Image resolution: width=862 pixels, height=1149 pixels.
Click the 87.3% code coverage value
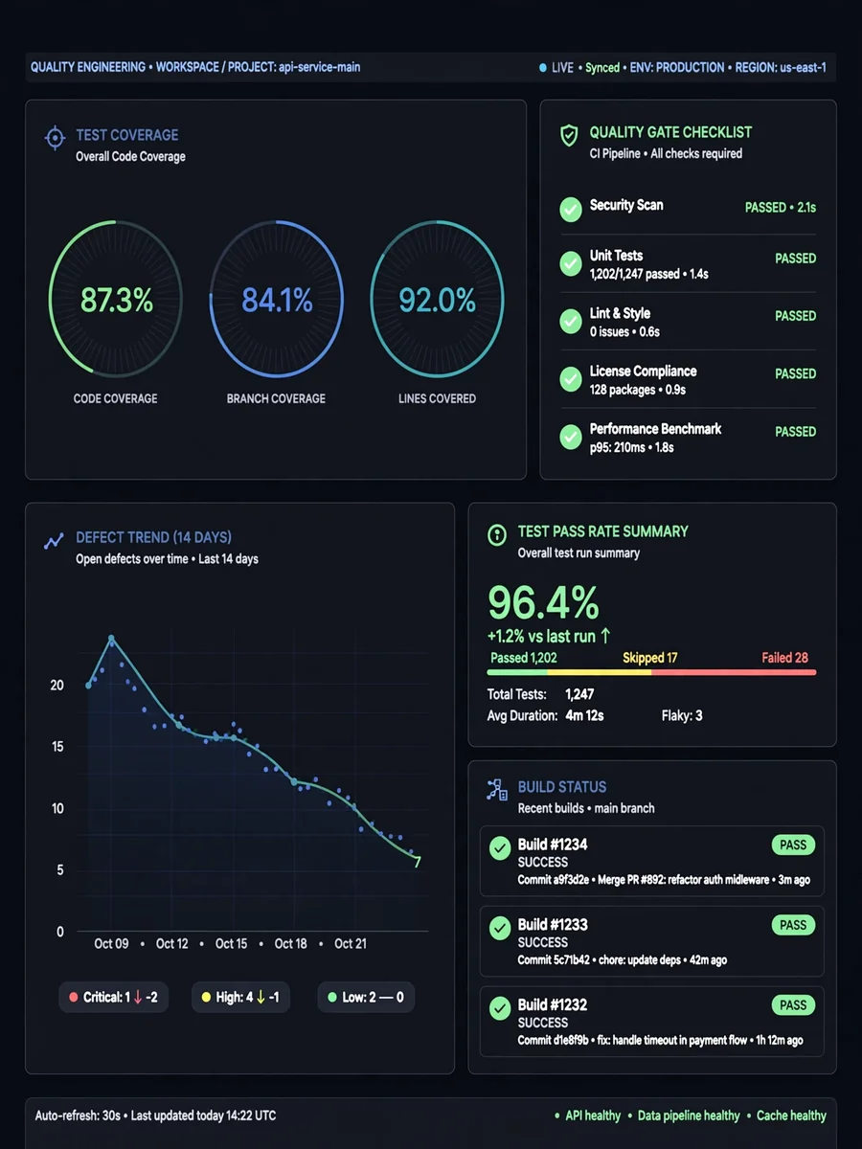click(x=116, y=301)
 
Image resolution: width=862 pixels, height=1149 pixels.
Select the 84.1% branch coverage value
click(x=277, y=301)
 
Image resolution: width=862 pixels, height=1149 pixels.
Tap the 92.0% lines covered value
click(x=437, y=301)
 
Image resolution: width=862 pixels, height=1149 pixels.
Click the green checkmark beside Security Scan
click(x=571, y=210)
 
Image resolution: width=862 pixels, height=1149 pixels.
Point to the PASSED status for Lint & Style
click(x=795, y=316)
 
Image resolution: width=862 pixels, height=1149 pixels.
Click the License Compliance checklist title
click(x=643, y=372)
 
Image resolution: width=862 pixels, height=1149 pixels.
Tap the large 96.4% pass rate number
click(x=543, y=602)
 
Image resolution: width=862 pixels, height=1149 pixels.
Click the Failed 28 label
click(x=784, y=658)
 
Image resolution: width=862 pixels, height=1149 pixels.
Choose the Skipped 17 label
click(x=649, y=658)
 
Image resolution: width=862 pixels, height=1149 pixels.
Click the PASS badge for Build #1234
click(x=793, y=845)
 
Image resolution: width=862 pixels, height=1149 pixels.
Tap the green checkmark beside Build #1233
click(x=500, y=928)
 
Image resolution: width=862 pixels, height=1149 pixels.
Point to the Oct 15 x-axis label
click(x=231, y=943)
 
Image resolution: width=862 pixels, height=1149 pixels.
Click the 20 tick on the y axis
click(x=57, y=686)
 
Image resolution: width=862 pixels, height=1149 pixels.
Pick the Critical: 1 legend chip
click(x=114, y=997)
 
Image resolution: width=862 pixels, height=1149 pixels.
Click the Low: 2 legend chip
click(x=366, y=997)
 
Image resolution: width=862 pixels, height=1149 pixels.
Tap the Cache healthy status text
click(x=791, y=1115)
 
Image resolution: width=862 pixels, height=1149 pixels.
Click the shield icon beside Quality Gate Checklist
click(x=569, y=136)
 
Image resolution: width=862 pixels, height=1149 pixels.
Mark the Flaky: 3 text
click(x=681, y=715)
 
